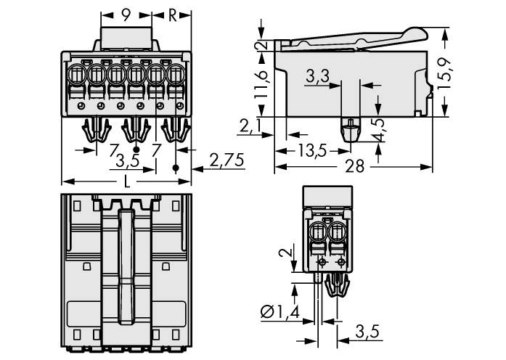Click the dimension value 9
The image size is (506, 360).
126,15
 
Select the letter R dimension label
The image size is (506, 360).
171,15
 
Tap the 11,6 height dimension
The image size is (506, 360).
265,83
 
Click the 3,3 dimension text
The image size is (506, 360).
317,75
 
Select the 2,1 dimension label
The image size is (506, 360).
248,128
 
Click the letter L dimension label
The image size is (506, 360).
127,181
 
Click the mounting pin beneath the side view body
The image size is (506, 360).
350,131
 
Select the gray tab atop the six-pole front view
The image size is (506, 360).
126,37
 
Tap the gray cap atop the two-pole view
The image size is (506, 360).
327,197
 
